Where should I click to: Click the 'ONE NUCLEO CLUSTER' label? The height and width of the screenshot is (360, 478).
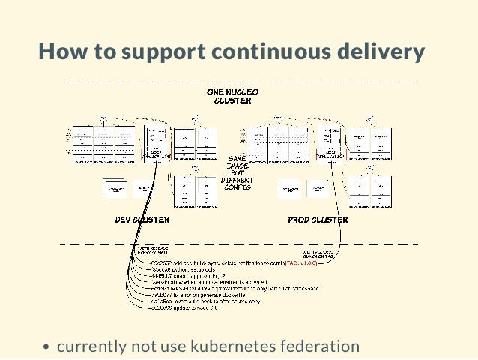pyautogui.click(x=232, y=95)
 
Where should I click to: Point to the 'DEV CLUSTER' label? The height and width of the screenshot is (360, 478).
pyautogui.click(x=142, y=220)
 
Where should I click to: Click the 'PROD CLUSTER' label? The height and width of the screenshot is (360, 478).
pyautogui.click(x=318, y=220)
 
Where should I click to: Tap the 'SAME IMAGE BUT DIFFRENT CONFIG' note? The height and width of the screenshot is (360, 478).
pyautogui.click(x=237, y=172)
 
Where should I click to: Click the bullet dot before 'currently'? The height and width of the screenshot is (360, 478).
pyautogui.click(x=46, y=347)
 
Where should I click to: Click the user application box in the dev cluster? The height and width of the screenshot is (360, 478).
pyautogui.click(x=156, y=143)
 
